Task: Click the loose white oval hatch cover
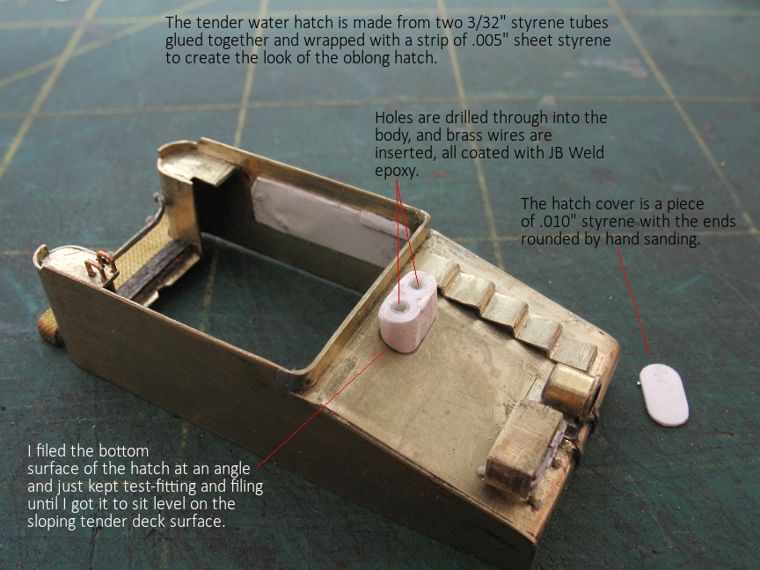coord(664,395)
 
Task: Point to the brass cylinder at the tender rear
coord(571,391)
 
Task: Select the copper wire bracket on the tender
coord(100,267)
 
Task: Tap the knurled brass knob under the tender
coord(50,327)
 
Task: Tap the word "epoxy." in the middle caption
coord(397,172)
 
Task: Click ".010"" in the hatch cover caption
coord(558,222)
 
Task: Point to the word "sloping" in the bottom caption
coord(51,522)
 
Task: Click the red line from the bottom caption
coord(321,408)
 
